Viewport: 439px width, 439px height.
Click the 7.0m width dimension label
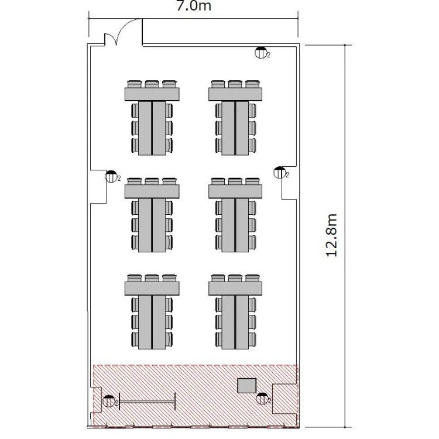194,6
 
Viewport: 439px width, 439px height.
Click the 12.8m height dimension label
332,235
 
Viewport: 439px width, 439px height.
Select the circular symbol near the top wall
260,53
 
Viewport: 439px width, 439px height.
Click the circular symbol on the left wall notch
111,176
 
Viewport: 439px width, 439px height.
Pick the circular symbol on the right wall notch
279,173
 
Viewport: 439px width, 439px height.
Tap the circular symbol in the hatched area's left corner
109,401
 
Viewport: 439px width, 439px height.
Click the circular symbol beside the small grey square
262,399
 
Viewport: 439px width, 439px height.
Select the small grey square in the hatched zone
247,386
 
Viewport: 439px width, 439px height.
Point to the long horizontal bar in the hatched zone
148,402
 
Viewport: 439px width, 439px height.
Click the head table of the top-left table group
152,94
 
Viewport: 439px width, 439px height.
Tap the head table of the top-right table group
235,94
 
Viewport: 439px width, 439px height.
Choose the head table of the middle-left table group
152,191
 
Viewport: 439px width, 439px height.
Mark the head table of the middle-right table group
235,191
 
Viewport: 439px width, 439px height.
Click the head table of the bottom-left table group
152,289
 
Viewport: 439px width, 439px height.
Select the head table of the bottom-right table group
235,289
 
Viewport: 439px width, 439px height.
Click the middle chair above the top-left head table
152,84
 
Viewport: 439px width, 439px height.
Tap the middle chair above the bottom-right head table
235,278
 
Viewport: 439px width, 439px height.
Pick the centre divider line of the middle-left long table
152,225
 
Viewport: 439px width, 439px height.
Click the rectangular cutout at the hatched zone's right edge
284,399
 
